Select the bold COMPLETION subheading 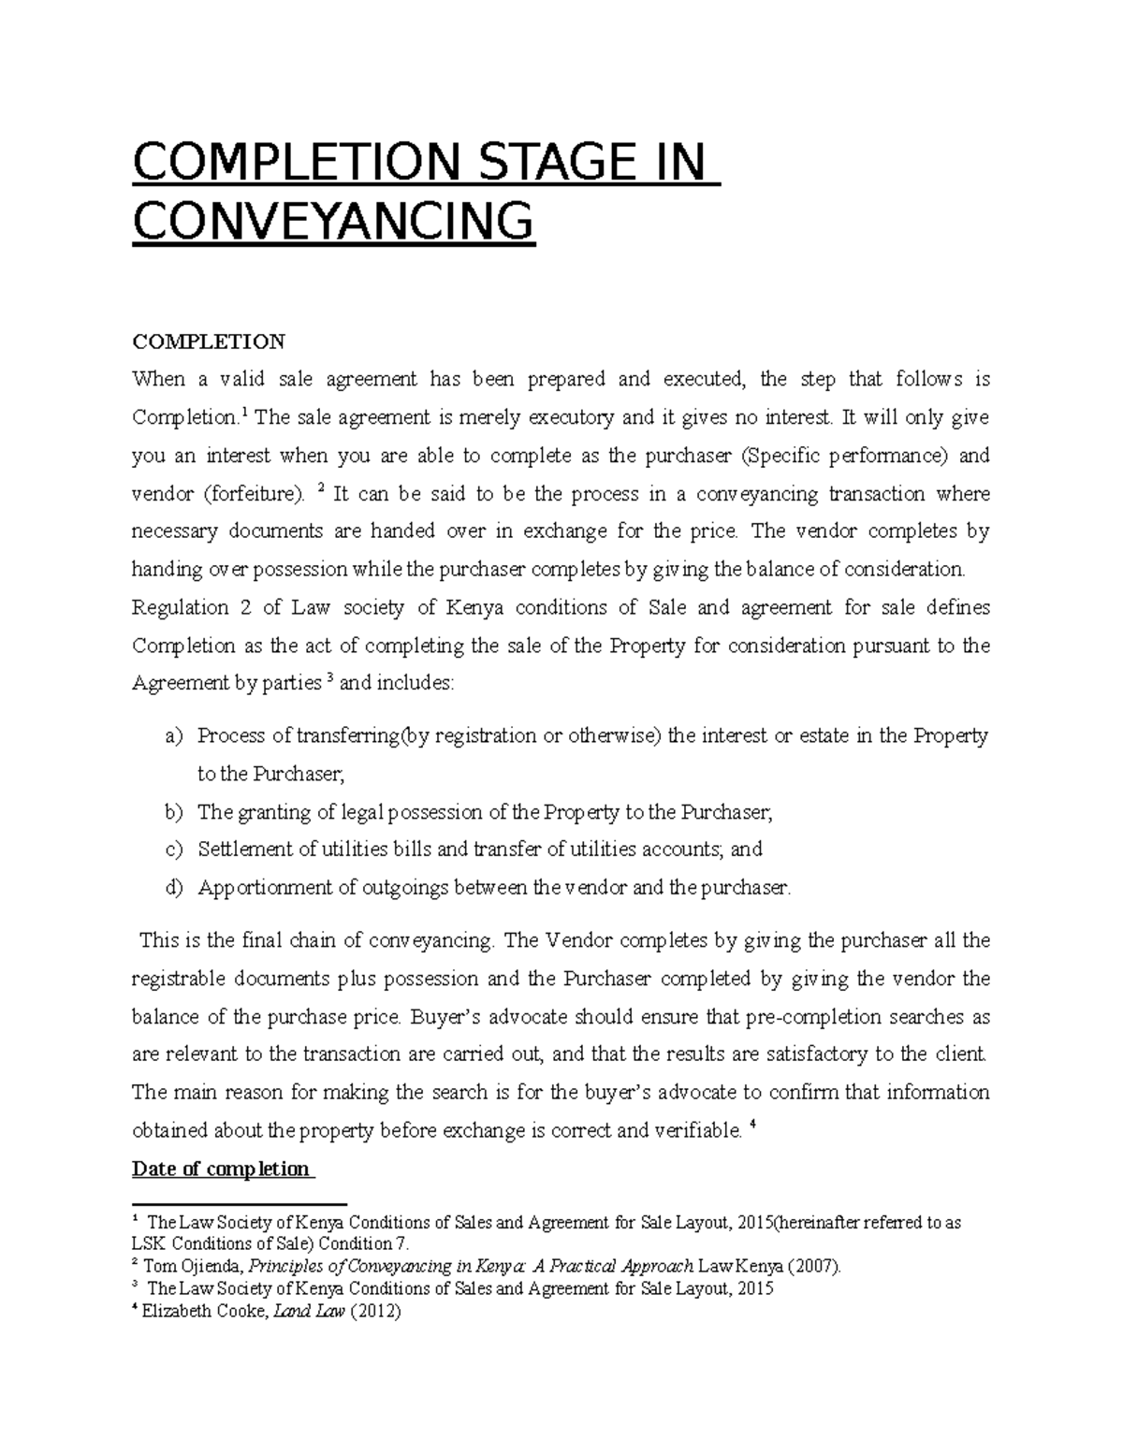[208, 341]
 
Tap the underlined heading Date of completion [221, 1169]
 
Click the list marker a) [174, 736]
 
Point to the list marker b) [174, 812]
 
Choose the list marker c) [174, 850]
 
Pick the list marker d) [174, 888]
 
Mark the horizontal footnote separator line [240, 1203]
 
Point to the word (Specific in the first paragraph [779, 456]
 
